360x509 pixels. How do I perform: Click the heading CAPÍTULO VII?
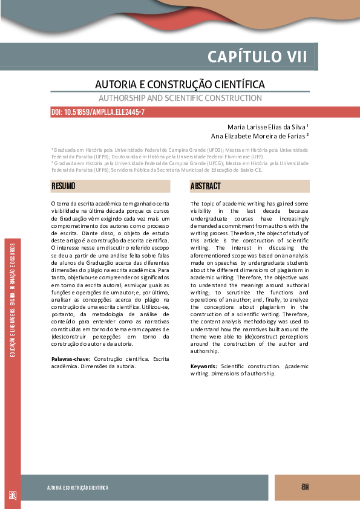click(x=258, y=57)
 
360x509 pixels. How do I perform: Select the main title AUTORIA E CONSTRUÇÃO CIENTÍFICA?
click(x=180, y=84)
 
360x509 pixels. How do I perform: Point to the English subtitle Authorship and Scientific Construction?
click(x=180, y=98)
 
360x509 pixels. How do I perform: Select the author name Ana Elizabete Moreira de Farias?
click(x=264, y=136)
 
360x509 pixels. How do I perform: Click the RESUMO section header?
click(x=64, y=186)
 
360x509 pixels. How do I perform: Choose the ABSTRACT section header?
click(x=206, y=186)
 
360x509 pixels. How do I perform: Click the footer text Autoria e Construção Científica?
click(x=78, y=488)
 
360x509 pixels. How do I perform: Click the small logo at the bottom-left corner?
click(x=12, y=495)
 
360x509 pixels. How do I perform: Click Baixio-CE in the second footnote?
click(x=250, y=170)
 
